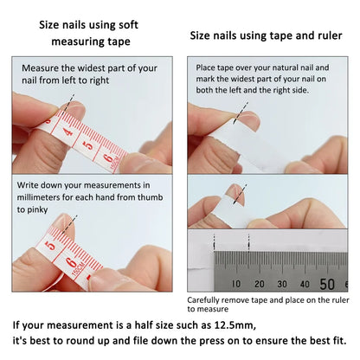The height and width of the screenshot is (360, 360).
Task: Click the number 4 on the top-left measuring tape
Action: click(66, 133)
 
